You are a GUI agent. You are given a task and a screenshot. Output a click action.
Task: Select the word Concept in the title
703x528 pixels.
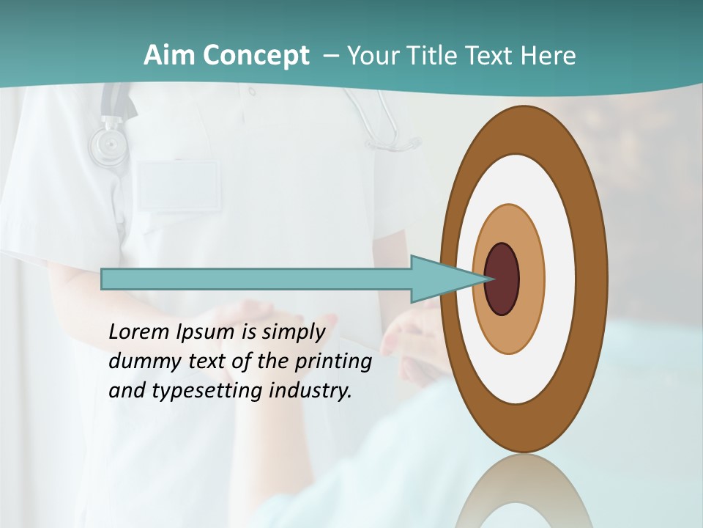(x=256, y=56)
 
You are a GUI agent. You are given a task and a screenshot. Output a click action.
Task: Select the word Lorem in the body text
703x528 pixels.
(x=139, y=332)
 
